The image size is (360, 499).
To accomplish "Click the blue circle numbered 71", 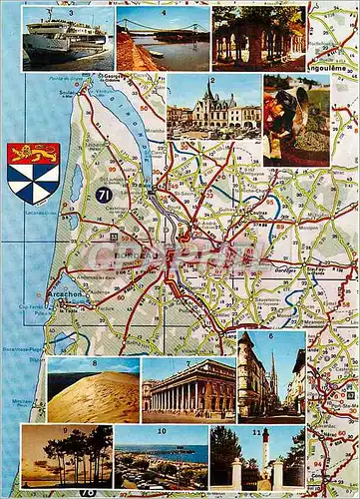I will coord(104,196).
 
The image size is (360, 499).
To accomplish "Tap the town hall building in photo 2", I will coord(213,106).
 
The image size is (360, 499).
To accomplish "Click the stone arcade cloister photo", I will coord(257,40).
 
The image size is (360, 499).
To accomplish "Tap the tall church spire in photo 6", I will coord(272,373).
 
